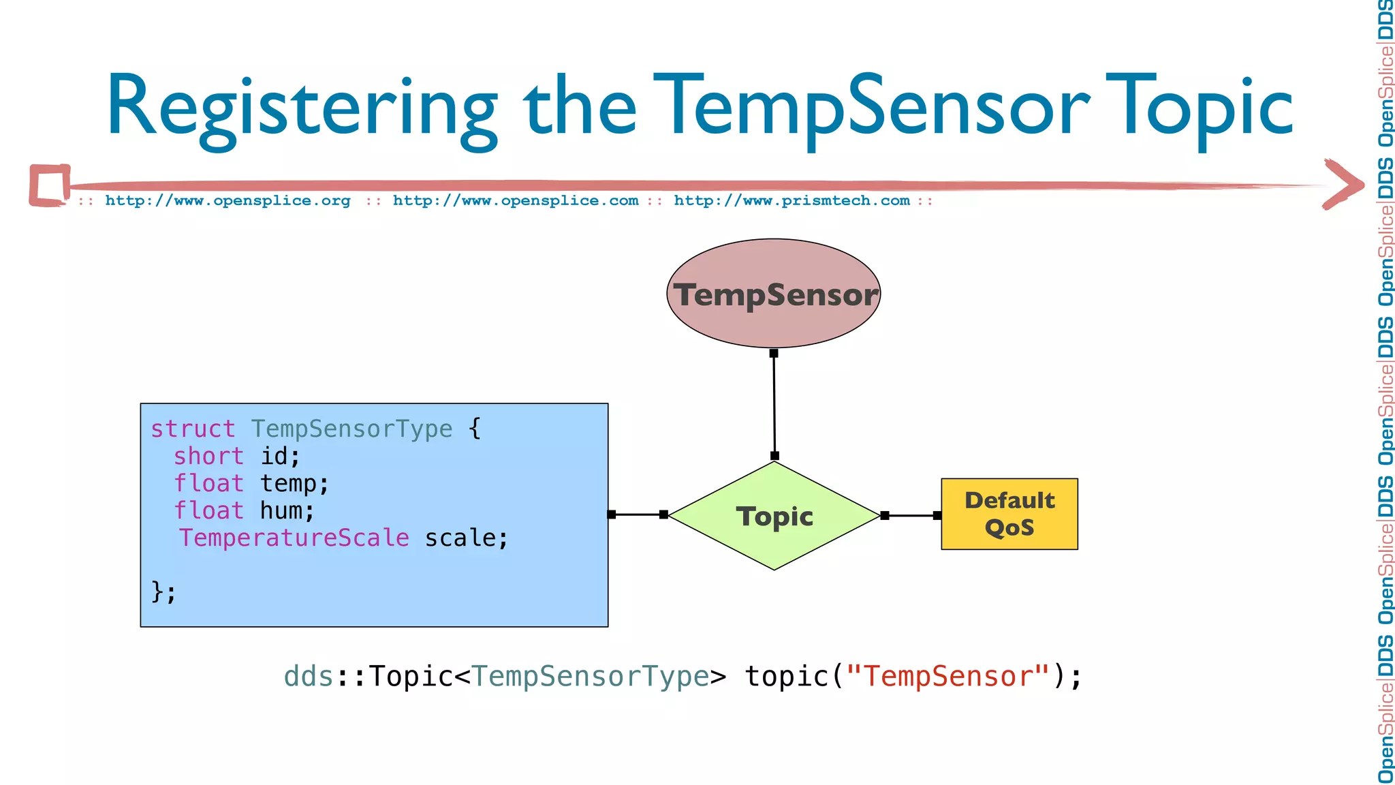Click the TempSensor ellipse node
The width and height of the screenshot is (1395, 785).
click(x=773, y=294)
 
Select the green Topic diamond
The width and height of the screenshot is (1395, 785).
click(x=774, y=516)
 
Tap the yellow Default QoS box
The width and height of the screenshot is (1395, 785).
click(x=1009, y=514)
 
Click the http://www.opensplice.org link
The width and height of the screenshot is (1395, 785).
click(x=228, y=201)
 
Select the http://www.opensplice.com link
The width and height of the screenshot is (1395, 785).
click(x=515, y=201)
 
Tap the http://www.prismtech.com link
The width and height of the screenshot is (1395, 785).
click(x=791, y=201)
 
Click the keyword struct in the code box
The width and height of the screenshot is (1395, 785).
click(x=193, y=429)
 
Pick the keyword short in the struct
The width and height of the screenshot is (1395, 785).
click(x=208, y=457)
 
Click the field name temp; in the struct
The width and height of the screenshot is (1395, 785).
click(x=294, y=484)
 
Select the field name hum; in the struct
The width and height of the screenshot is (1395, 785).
click(x=287, y=511)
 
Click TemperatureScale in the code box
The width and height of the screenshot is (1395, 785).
click(x=294, y=538)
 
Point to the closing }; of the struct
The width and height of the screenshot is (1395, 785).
click(x=163, y=591)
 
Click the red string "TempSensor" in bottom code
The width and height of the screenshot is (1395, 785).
click(x=947, y=677)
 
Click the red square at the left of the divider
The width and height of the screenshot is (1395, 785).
click(x=50, y=185)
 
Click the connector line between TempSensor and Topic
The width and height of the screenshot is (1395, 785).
click(x=774, y=405)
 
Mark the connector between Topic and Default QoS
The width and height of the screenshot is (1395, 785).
click(x=911, y=516)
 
